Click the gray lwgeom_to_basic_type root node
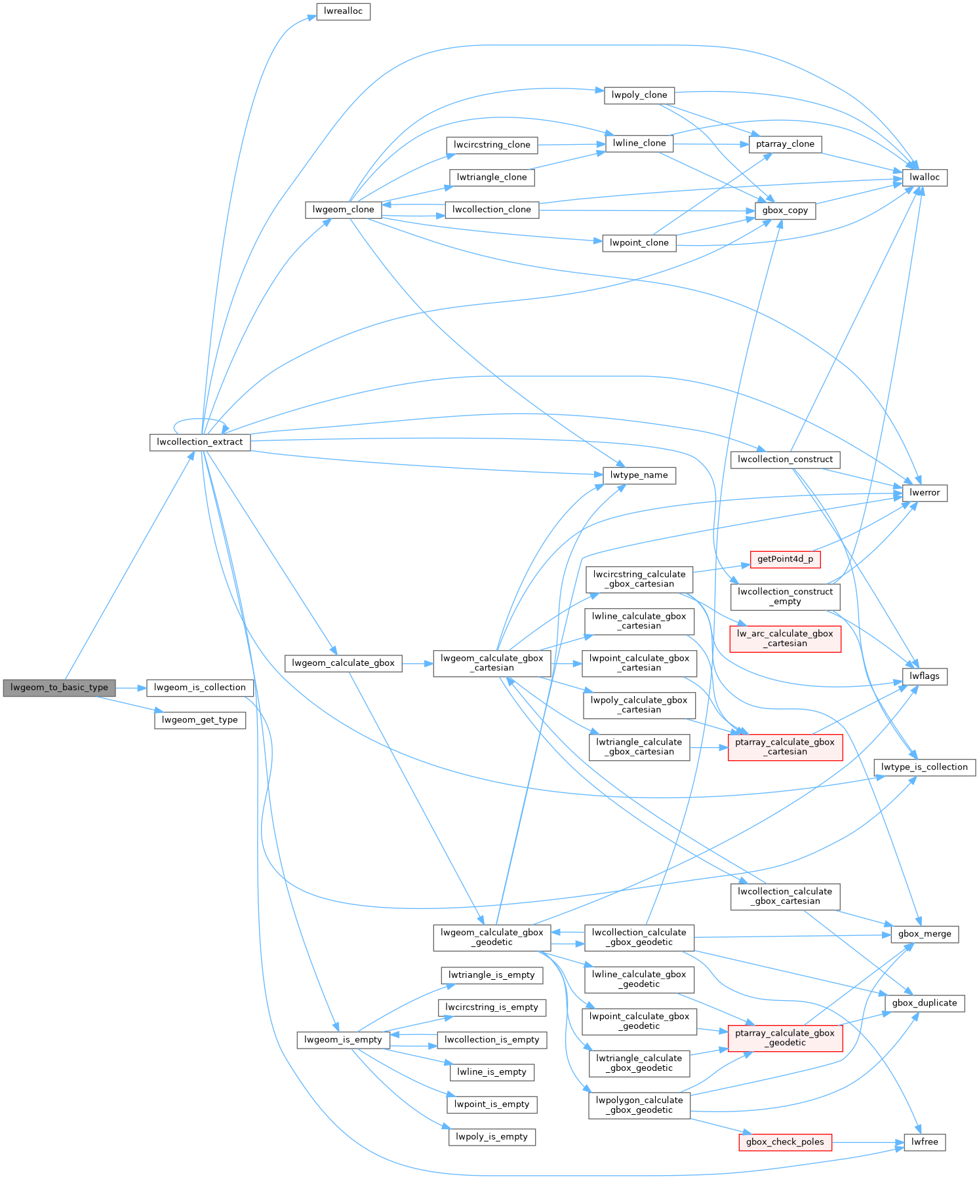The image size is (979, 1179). [59, 687]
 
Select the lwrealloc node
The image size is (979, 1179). [343, 11]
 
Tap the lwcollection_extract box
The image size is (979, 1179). [200, 442]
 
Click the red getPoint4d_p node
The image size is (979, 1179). [785, 559]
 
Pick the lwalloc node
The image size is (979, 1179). [925, 177]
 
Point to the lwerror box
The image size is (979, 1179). [925, 492]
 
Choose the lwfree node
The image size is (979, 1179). [925, 1142]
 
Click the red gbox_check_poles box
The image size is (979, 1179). [785, 1142]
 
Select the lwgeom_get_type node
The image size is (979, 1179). [200, 720]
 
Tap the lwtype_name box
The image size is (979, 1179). [639, 475]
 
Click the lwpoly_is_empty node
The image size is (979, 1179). [492, 1136]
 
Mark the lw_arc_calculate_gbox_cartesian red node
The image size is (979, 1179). [785, 638]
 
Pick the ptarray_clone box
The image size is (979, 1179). [785, 144]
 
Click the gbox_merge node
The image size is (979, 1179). [925, 934]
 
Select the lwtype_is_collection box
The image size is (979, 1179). [925, 767]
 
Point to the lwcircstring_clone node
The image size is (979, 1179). [492, 145]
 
